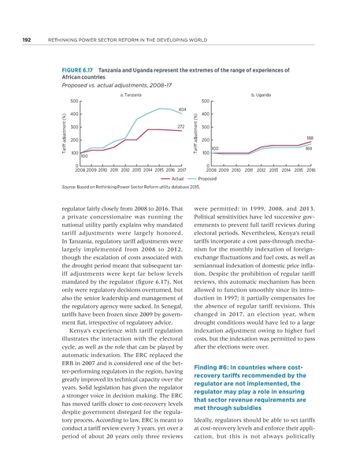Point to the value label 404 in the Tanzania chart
(x=181, y=109)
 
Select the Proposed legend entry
(x=208, y=179)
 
